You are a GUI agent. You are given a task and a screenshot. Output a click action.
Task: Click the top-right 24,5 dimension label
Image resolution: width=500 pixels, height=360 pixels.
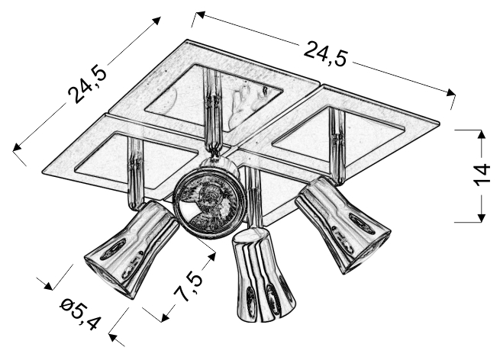[325, 54]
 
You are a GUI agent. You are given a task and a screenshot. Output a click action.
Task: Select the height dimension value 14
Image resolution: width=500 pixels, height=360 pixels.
[481, 175]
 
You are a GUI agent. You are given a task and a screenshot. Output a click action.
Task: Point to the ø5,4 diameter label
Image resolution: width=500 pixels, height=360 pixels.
[80, 313]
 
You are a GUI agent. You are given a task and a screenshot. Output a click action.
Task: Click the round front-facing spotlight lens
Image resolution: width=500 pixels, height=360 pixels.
[209, 204]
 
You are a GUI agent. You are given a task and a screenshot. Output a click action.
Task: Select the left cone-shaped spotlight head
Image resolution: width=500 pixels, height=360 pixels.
[131, 249]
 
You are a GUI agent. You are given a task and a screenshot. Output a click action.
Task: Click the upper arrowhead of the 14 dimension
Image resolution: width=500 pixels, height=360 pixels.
[481, 134]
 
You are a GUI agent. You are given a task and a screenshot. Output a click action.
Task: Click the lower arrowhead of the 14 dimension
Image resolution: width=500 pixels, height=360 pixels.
[481, 217]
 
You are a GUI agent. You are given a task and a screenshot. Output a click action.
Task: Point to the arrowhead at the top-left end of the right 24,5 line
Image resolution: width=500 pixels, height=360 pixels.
[200, 14]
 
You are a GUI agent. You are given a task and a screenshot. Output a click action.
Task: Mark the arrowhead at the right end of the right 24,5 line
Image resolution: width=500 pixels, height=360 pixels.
[451, 92]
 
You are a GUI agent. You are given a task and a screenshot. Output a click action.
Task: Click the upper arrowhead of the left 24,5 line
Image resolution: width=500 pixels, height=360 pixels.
[156, 21]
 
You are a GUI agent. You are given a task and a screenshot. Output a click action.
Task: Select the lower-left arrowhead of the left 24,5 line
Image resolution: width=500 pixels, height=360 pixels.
[17, 147]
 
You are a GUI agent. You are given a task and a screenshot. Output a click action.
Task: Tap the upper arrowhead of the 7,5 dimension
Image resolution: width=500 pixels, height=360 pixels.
[211, 258]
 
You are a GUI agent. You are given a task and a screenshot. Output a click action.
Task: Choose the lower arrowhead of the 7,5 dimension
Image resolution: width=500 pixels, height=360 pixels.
[166, 317]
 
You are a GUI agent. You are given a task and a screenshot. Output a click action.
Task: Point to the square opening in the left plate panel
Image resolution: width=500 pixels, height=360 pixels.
[137, 162]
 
